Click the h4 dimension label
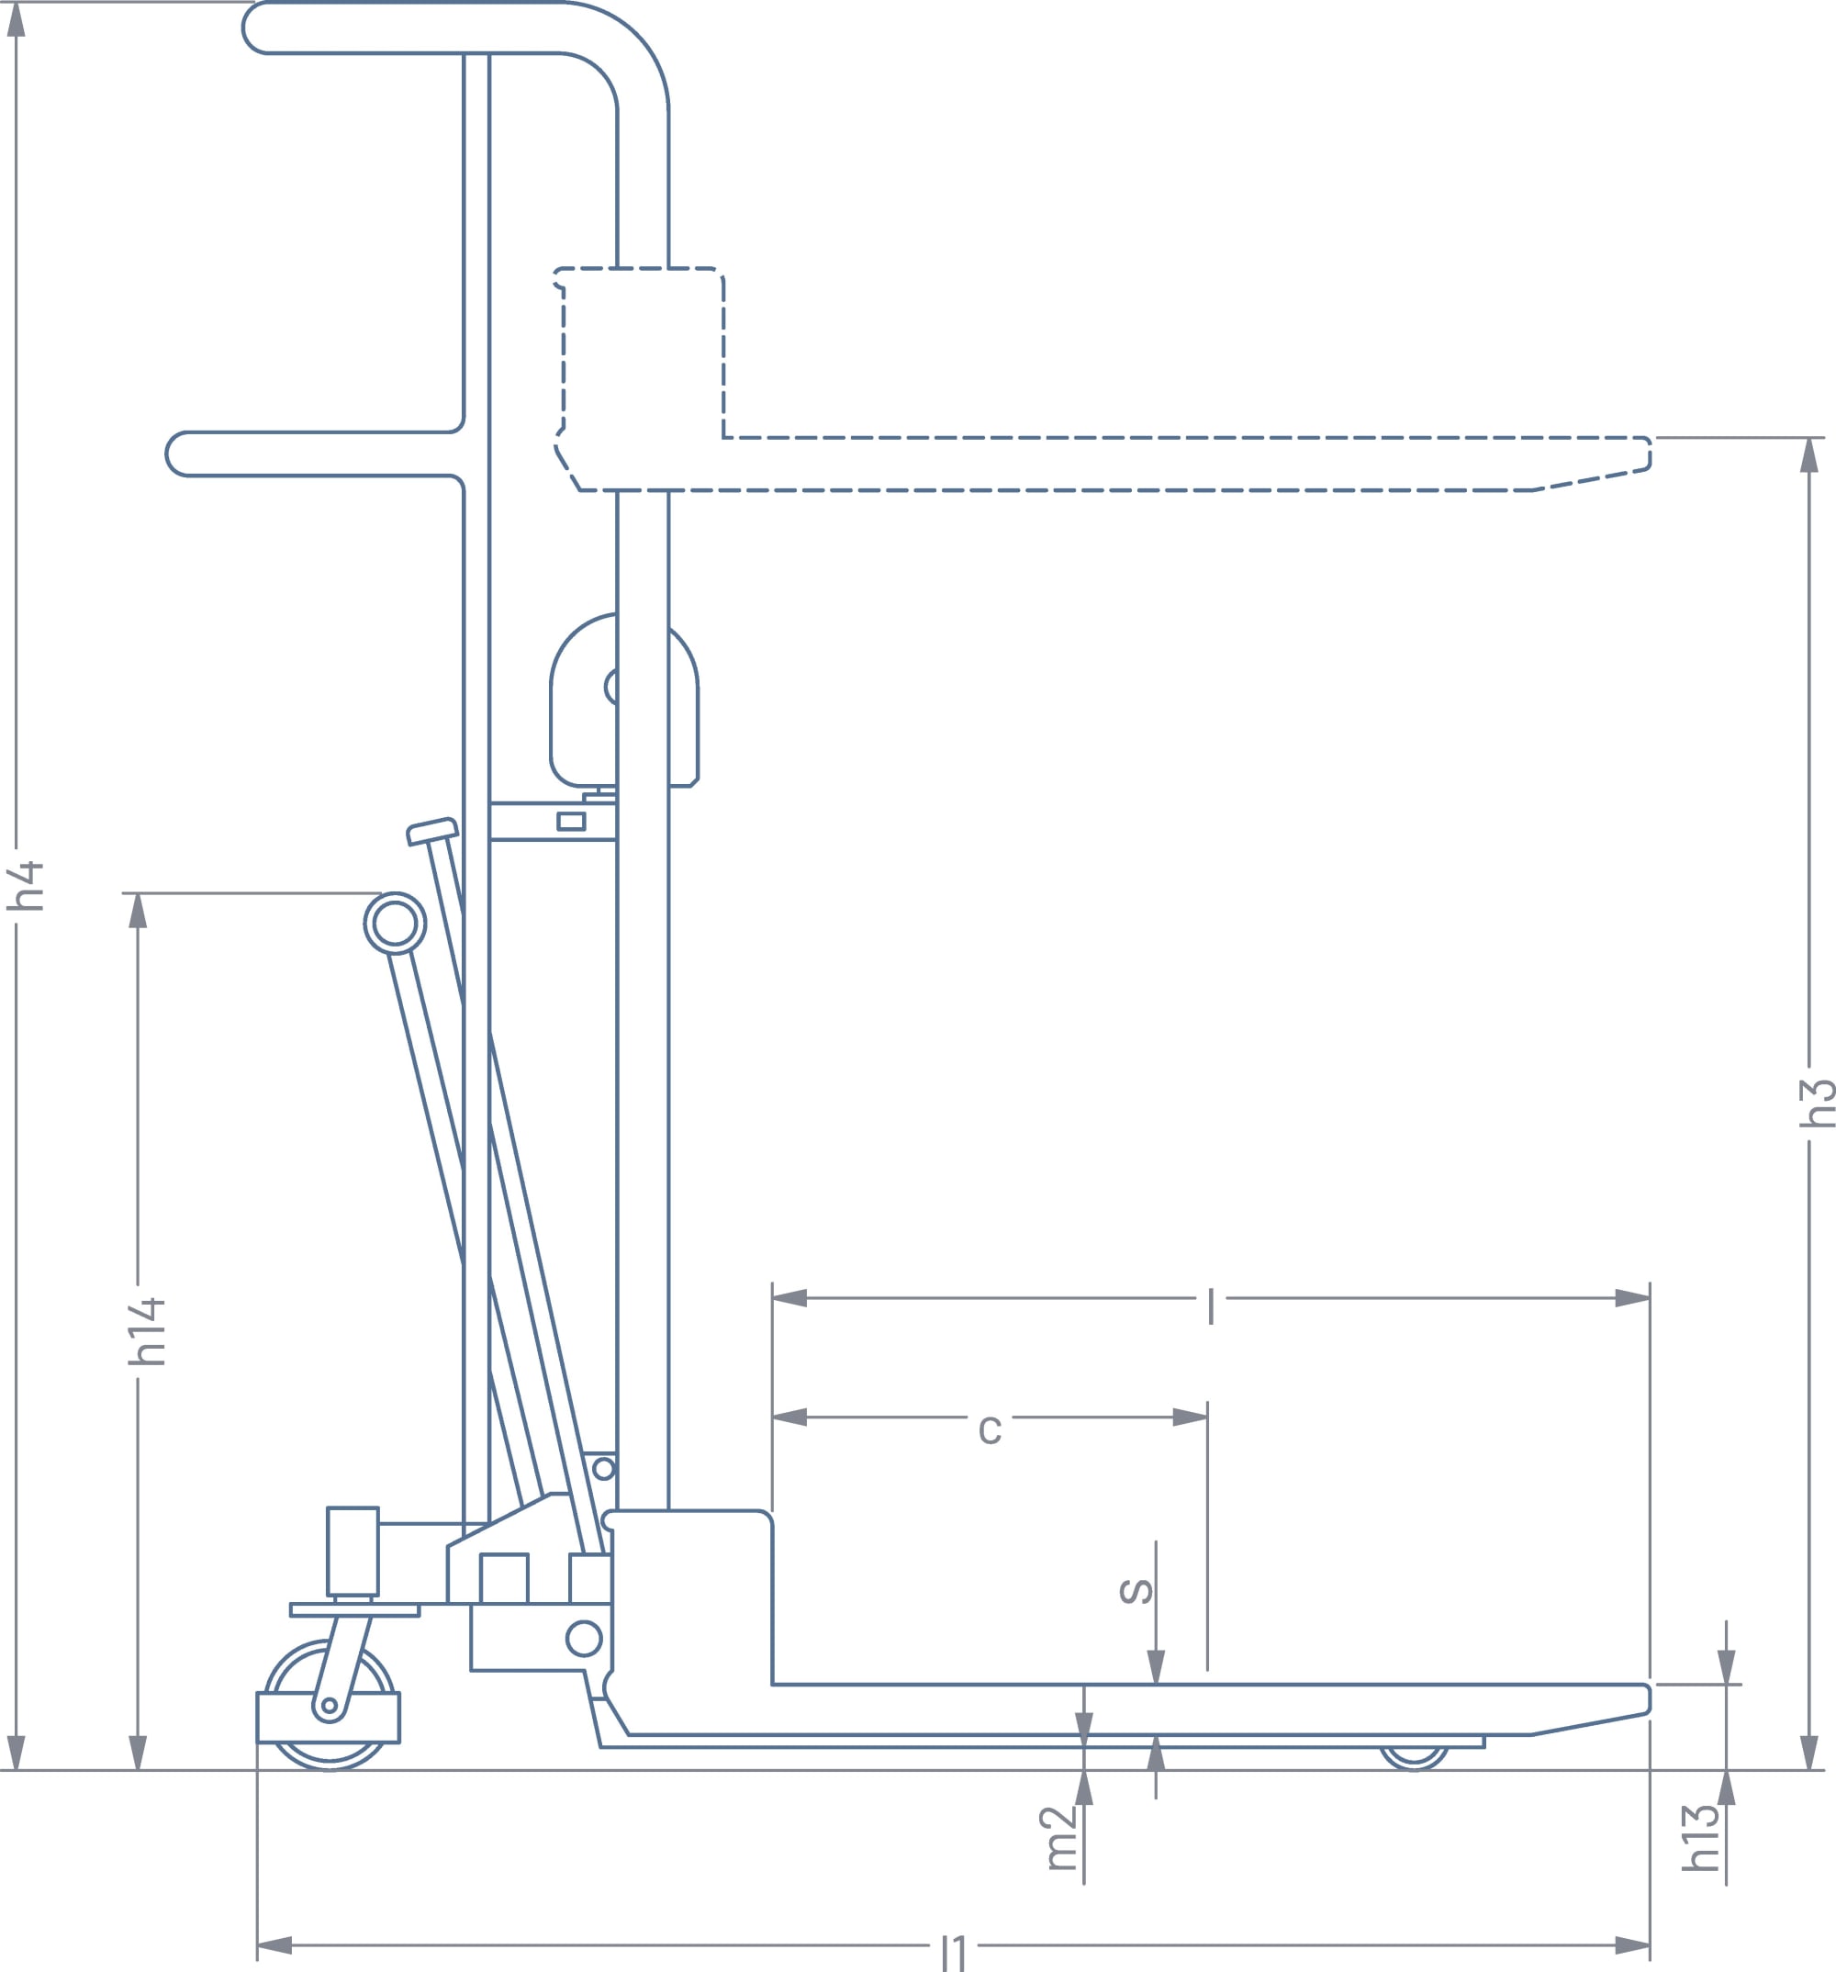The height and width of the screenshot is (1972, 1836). coord(26,886)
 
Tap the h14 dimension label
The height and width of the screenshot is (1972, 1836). coord(147,1331)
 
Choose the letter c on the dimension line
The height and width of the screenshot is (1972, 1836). coord(990,1429)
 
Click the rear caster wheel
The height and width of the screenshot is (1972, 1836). coord(330,1705)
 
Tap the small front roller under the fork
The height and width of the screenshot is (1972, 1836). coord(1414,1757)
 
